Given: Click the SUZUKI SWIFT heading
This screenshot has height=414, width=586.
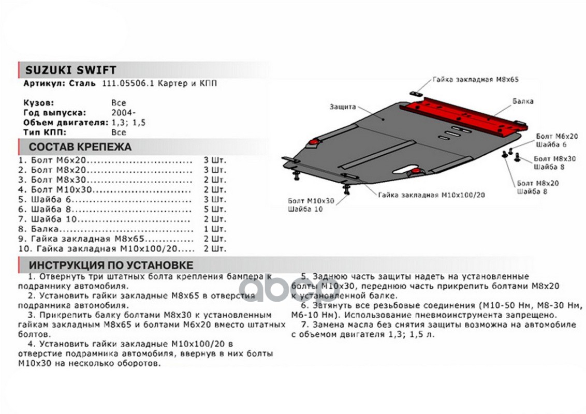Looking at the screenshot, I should pyautogui.click(x=71, y=70).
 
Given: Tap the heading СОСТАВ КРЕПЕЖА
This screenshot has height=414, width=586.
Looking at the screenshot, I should pyautogui.click(x=80, y=146).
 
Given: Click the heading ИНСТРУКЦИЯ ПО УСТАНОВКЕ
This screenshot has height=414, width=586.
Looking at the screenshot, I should pyautogui.click(x=111, y=265).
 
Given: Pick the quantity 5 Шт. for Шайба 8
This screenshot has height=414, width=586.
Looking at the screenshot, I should pyautogui.click(x=215, y=209).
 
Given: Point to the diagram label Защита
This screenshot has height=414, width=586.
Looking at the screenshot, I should pyautogui.click(x=342, y=107).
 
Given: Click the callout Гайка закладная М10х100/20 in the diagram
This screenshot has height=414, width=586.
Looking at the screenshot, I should pyautogui.click(x=432, y=195).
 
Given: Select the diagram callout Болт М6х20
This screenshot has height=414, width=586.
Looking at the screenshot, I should pyautogui.click(x=557, y=135).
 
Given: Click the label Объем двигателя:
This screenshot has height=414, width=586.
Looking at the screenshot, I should pyautogui.click(x=66, y=123).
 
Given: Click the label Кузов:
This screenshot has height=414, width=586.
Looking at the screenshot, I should pyautogui.click(x=38, y=102).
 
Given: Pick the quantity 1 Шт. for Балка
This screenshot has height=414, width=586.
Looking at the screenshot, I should pyautogui.click(x=215, y=229).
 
